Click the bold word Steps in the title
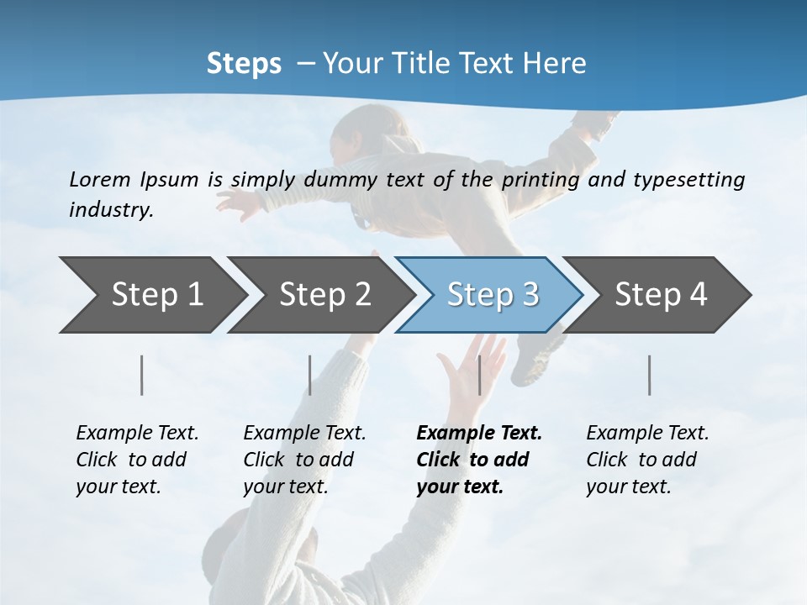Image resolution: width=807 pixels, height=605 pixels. click(x=244, y=64)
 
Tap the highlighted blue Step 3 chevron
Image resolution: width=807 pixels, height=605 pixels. click(x=493, y=295)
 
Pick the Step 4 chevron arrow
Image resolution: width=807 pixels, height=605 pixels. click(x=661, y=295)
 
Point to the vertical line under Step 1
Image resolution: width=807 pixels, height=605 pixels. click(x=142, y=375)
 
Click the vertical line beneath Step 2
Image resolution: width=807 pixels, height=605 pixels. click(x=310, y=375)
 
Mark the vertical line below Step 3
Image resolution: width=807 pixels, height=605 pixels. click(x=479, y=375)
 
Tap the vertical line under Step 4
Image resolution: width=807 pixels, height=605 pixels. click(x=650, y=375)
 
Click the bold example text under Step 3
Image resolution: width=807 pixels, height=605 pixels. click(x=477, y=460)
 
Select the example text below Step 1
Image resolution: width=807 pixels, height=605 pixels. click(x=137, y=460)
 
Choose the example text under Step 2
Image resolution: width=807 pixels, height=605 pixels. click(x=304, y=460)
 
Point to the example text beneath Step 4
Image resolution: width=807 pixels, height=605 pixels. click(x=647, y=460)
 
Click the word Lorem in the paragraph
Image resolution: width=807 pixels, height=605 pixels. click(x=100, y=179)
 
